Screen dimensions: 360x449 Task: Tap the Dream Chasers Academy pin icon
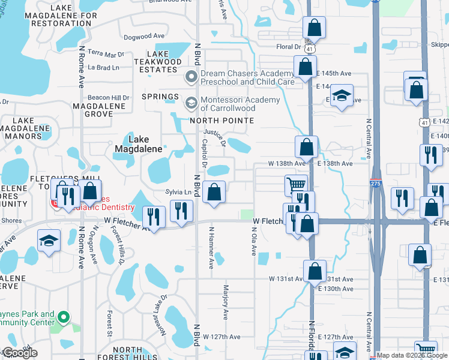pos(191,77)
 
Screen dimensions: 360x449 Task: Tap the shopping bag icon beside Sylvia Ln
pos(214,192)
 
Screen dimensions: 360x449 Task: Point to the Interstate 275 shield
pos(375,184)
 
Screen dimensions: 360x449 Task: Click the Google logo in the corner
pos(19,353)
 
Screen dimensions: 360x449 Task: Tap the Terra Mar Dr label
pos(105,53)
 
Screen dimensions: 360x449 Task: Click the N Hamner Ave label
pos(211,247)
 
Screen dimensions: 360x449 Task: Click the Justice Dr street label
pos(214,138)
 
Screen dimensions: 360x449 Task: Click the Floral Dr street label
pos(288,46)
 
